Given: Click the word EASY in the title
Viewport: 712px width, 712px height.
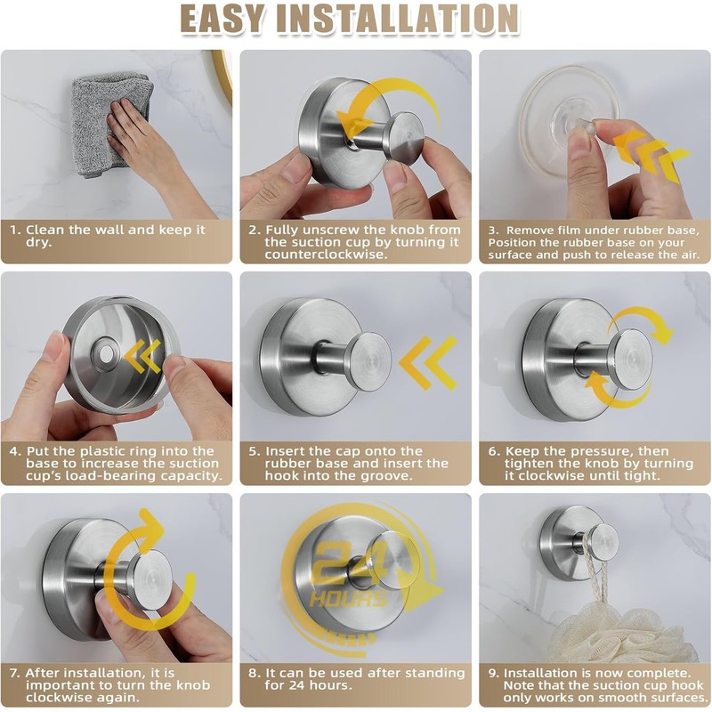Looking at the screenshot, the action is (x=222, y=18).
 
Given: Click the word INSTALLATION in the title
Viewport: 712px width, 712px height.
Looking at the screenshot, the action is (x=398, y=18).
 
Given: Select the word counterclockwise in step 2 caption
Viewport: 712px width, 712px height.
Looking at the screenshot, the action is (x=327, y=255).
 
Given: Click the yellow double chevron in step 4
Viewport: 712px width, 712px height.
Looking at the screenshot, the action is (x=142, y=356).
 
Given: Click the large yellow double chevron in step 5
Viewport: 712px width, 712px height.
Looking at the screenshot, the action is (x=428, y=362).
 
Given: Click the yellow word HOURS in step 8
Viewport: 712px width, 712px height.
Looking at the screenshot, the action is (x=347, y=599).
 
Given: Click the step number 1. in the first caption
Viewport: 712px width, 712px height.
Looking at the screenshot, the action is (x=16, y=230).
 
